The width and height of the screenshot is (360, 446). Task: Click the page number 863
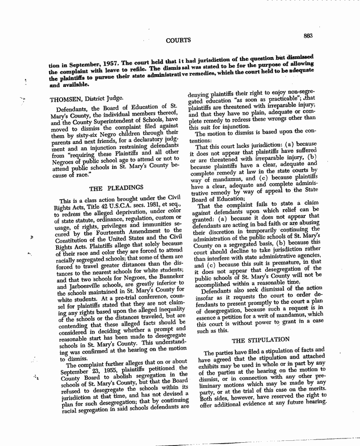309,35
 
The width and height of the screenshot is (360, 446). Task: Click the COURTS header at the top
178,41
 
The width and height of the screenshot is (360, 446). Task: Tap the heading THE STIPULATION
260,339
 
